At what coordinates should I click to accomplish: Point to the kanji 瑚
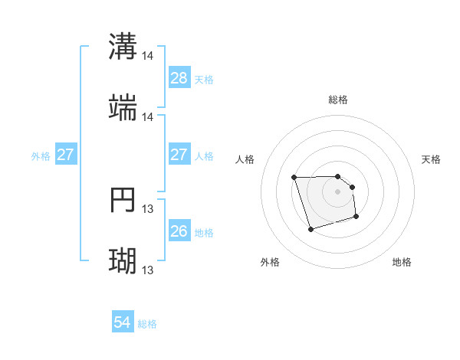[123, 261]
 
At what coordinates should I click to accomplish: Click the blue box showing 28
[179, 78]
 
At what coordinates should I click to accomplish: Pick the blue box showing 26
[179, 231]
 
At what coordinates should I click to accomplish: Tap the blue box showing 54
[123, 323]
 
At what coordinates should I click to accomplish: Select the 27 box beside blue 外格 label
[65, 155]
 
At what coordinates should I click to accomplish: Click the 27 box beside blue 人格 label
[179, 155]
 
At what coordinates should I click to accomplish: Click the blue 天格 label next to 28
[204, 79]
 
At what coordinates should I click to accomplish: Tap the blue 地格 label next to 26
[204, 232]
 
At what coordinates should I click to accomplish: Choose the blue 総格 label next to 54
[147, 324]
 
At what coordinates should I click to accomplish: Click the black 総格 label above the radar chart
[338, 100]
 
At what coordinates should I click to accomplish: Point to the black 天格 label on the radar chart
[432, 159]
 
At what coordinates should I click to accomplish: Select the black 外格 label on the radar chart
[270, 262]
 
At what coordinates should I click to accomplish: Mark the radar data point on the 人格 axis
[294, 178]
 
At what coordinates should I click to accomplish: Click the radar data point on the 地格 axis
[357, 218]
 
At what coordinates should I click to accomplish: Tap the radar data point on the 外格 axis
[310, 229]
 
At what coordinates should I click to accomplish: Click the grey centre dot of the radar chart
[338, 191]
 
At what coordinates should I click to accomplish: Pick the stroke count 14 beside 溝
[148, 56]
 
